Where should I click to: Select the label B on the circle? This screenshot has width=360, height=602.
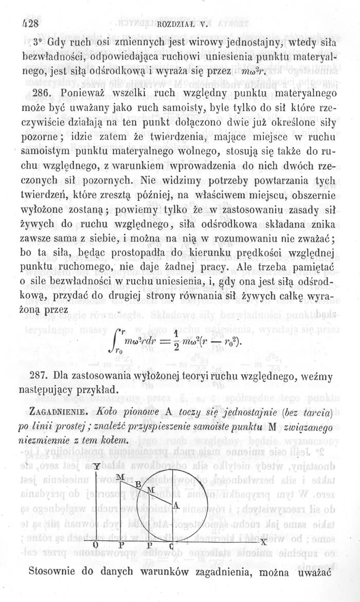point(138,483)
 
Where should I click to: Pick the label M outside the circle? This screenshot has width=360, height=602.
point(119,477)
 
